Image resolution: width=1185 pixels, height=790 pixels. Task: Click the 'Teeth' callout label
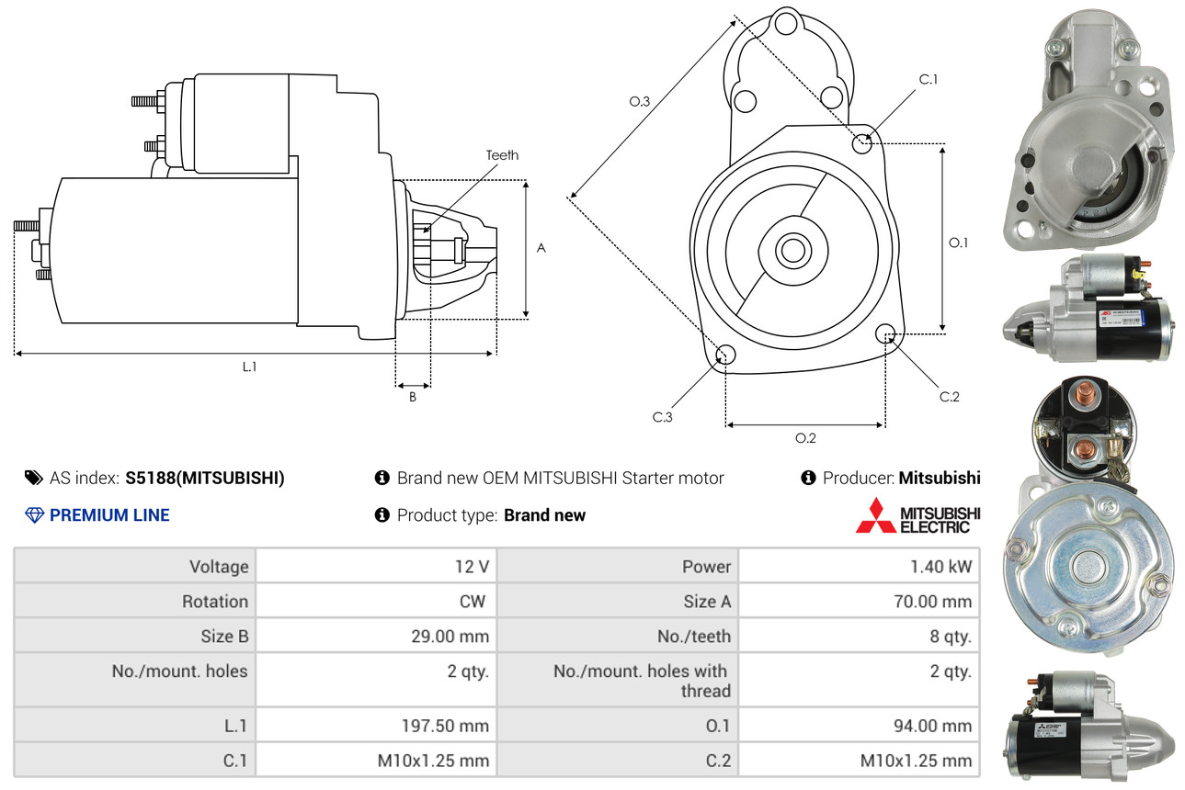[502, 155]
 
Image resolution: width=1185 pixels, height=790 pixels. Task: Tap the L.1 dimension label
[249, 367]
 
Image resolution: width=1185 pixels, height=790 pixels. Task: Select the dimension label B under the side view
[413, 397]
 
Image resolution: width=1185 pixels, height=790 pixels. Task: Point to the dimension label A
[541, 248]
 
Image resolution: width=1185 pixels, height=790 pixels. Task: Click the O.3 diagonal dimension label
[640, 103]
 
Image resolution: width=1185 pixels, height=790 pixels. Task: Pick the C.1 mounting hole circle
[862, 143]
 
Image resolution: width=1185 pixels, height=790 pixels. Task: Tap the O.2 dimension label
[805, 438]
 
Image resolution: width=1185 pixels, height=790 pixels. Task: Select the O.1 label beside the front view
[959, 243]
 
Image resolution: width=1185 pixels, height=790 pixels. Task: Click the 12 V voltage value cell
[471, 567]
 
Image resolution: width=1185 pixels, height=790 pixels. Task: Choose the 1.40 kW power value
[940, 567]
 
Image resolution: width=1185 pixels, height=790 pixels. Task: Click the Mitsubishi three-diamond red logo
[875, 515]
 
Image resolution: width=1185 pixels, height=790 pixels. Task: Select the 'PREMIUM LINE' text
[109, 515]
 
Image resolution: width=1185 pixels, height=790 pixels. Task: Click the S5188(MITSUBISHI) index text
[205, 478]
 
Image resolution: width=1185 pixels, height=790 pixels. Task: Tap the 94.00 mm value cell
[933, 726]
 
